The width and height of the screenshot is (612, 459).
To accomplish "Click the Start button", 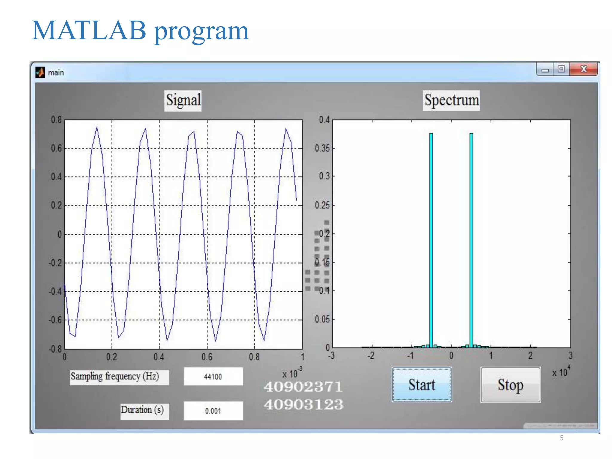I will coord(421,385).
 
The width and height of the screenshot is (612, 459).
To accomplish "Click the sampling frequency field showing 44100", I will coord(213,377).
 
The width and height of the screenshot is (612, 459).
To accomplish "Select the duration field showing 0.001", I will coord(213,411).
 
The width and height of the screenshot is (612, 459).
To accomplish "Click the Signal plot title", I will coord(183,100).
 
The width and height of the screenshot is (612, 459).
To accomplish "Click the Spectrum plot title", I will coord(451,100).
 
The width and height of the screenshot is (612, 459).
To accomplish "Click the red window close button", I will coord(583,69).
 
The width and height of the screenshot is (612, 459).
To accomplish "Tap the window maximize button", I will coord(561,69).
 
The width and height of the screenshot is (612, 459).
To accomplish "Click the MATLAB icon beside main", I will coord(40,72).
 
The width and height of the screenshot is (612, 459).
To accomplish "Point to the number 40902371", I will coord(303,387).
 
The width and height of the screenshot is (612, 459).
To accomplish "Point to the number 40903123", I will coord(303,405).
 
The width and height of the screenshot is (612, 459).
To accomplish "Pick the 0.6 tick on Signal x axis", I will coord(207,357).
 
